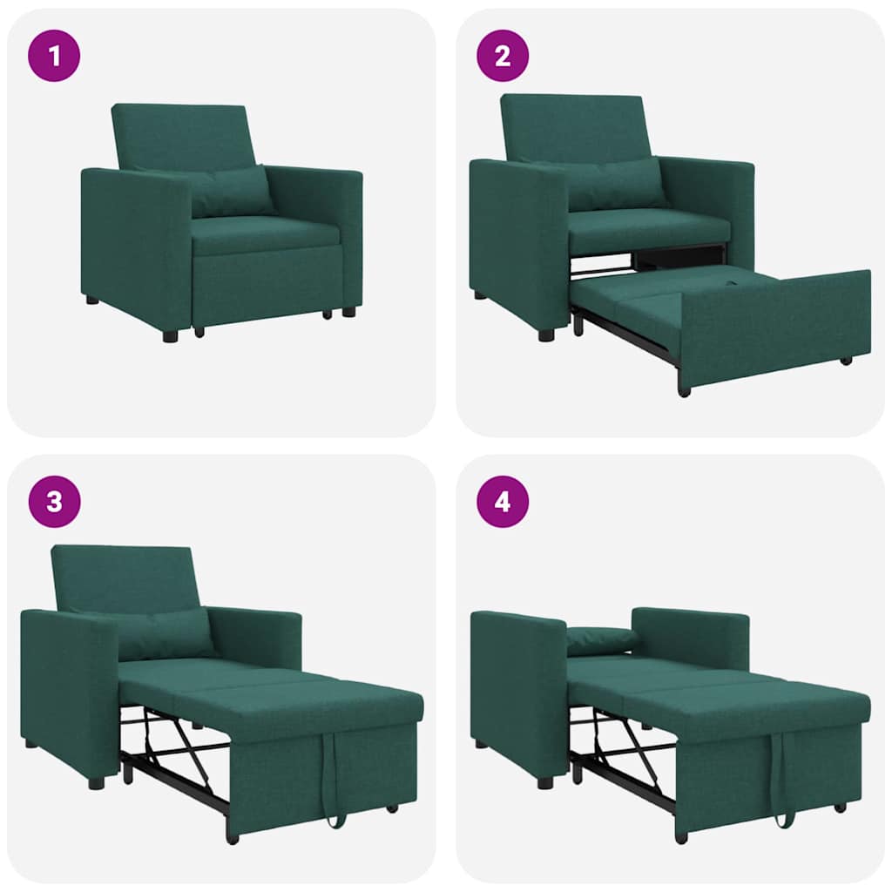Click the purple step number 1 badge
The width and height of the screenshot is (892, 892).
[x=55, y=57]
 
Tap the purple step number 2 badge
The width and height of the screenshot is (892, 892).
[x=503, y=57]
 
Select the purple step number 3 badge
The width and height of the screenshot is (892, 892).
[x=55, y=503]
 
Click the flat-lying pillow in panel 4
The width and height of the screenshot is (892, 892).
[x=601, y=639]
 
